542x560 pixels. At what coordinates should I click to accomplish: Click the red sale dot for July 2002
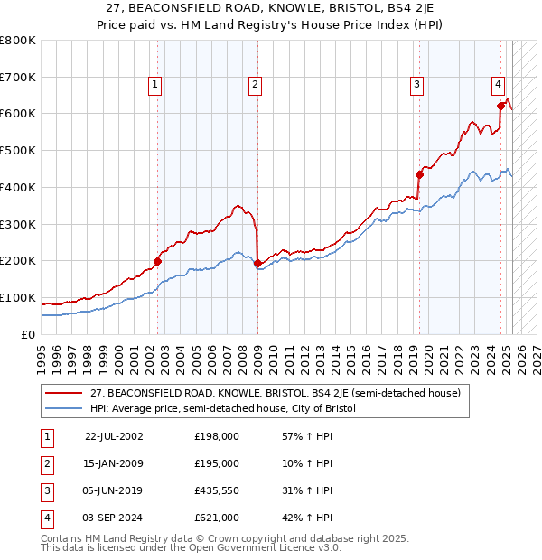pyautogui.click(x=157, y=261)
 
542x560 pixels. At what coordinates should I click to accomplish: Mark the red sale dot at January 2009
pyautogui.click(x=257, y=263)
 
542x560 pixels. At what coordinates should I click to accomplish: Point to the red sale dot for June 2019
pyautogui.click(x=419, y=174)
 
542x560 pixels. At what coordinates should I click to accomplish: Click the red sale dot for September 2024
pyautogui.click(x=500, y=106)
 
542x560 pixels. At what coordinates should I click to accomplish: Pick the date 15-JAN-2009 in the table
pyautogui.click(x=113, y=463)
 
